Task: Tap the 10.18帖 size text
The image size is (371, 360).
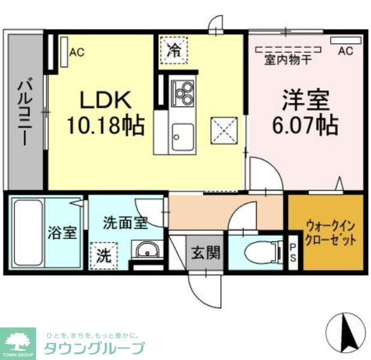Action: pos(105,126)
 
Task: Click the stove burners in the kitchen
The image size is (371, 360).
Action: pos(182,92)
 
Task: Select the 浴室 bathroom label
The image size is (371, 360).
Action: pos(63,232)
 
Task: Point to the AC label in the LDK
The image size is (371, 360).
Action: pos(76,52)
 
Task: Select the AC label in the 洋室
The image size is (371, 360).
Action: pos(345,51)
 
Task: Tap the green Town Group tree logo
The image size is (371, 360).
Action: pos(17,340)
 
